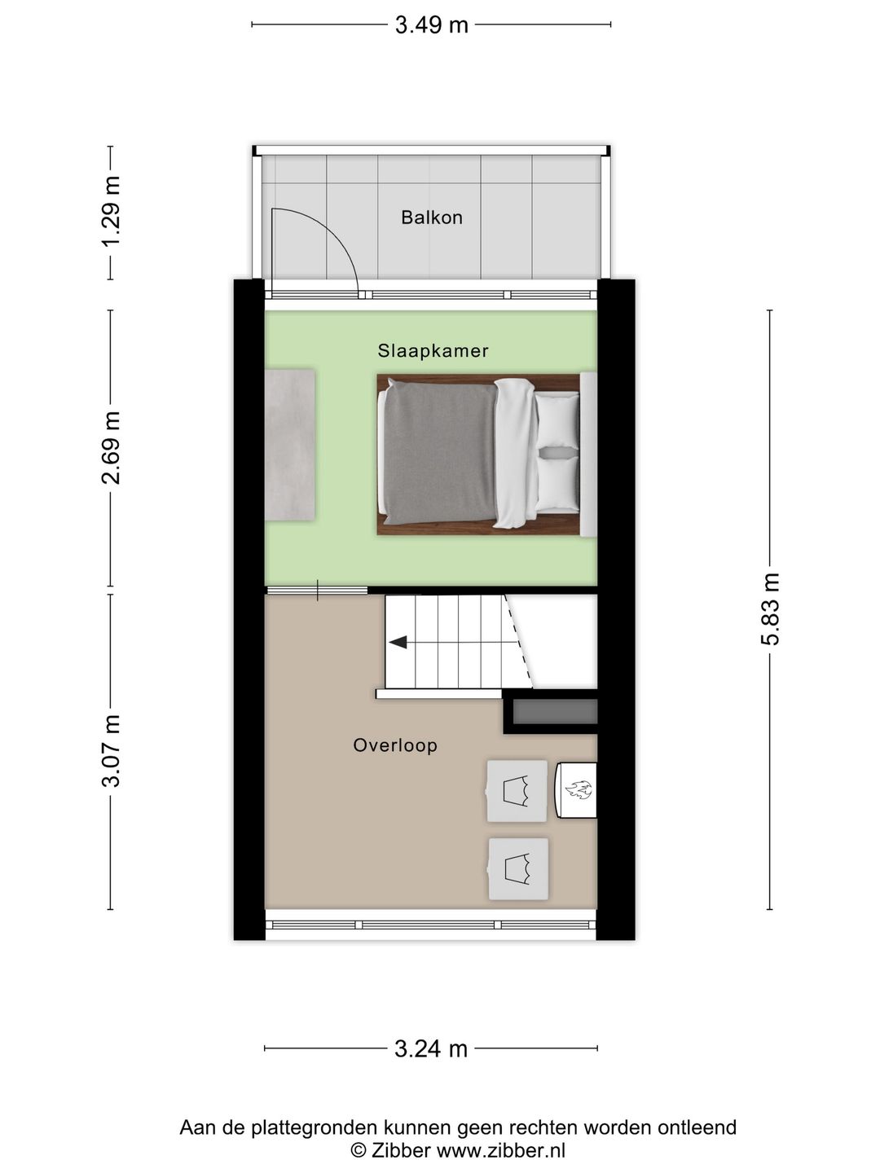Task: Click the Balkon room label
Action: (x=431, y=217)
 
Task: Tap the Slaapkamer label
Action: (x=433, y=351)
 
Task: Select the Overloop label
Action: (x=394, y=745)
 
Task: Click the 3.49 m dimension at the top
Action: (x=431, y=25)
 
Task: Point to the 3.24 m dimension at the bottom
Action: (x=431, y=1048)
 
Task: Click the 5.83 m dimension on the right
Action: (x=771, y=609)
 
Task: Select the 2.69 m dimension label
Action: (x=111, y=448)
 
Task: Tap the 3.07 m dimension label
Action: (x=111, y=751)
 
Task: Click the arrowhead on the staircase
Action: (x=398, y=643)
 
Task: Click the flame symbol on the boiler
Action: (x=579, y=789)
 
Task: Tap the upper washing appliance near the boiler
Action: (x=517, y=791)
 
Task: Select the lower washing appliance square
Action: (x=518, y=869)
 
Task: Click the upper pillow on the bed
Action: (x=558, y=420)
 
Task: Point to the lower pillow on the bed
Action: (x=558, y=484)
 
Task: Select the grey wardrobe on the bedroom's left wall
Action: (x=290, y=445)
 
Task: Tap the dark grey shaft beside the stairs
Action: (x=554, y=712)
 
